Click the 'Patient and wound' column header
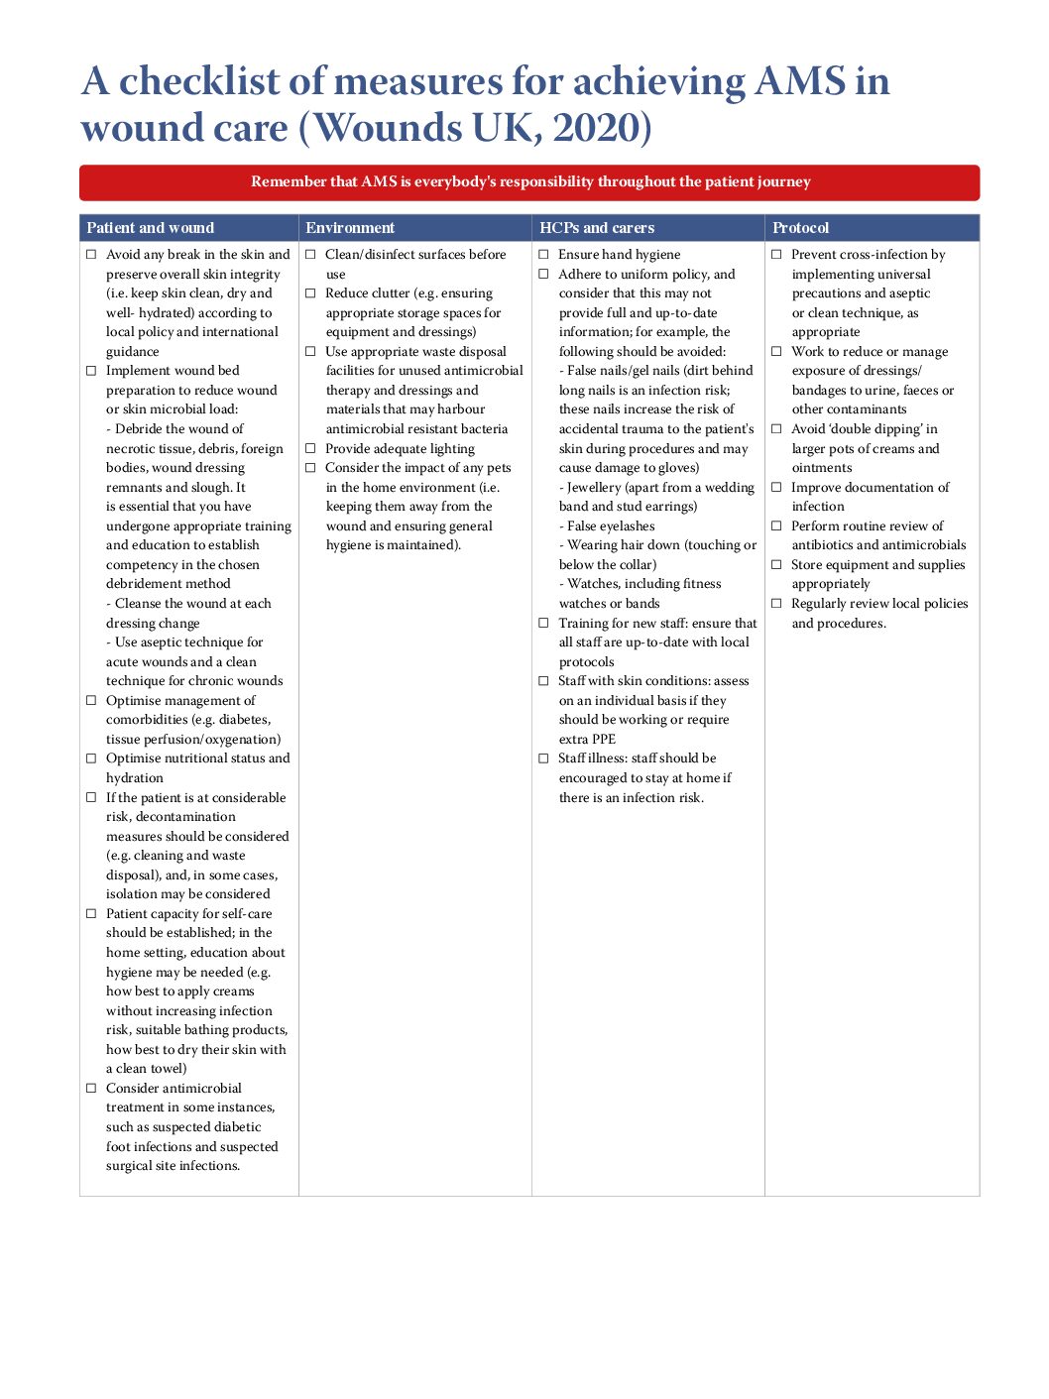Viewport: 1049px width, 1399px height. [x=150, y=228]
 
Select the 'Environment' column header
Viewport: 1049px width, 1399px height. [x=350, y=228]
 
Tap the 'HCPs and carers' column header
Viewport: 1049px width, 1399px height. [x=597, y=228]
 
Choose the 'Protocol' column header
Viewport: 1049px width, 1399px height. [x=800, y=228]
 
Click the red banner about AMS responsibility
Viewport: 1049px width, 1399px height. [x=529, y=182]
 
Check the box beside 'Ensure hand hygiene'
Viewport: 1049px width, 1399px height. [x=543, y=255]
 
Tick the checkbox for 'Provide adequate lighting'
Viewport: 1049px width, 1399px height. [x=310, y=449]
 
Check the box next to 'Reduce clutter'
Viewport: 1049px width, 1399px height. [x=310, y=293]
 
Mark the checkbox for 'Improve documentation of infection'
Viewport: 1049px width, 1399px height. [x=776, y=488]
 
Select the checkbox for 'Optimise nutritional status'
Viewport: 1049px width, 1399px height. [x=91, y=758]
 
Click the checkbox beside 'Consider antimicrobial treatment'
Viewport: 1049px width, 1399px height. [x=91, y=1089]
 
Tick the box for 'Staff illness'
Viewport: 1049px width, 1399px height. [x=543, y=758]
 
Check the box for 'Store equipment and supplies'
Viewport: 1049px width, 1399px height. [x=776, y=565]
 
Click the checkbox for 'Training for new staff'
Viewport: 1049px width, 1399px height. [x=543, y=624]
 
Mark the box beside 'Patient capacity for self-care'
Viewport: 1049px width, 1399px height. [x=91, y=914]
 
